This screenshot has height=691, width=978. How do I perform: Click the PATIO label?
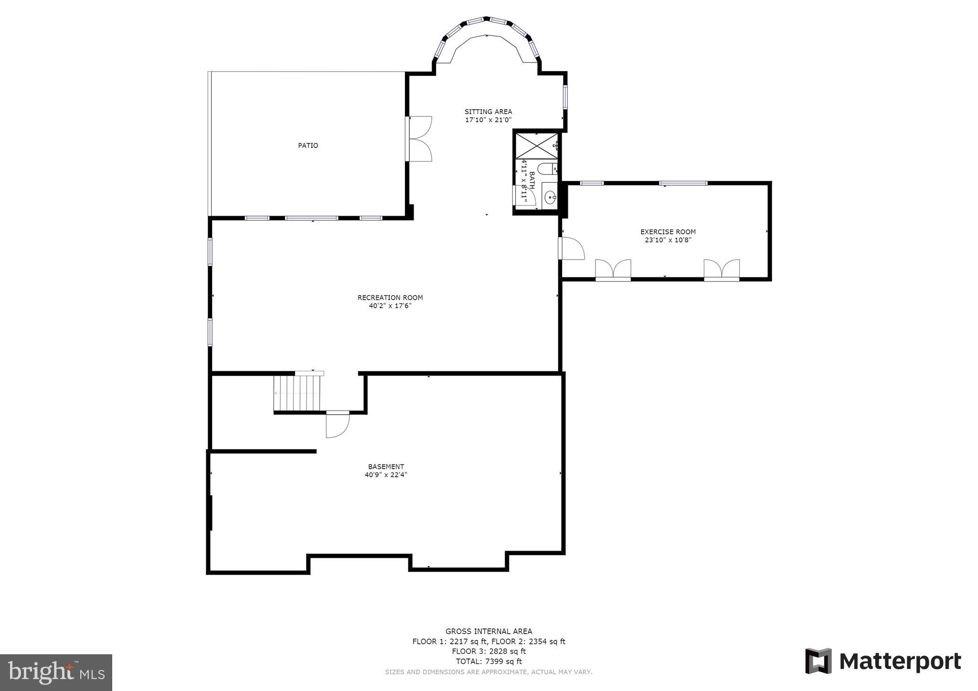308,146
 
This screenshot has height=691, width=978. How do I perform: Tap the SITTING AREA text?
488,112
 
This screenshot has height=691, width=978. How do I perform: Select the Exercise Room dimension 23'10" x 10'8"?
668,240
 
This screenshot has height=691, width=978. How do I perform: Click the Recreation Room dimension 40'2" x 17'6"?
390,306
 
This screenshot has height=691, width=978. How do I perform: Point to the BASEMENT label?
386,466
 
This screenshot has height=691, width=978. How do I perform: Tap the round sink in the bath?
550,197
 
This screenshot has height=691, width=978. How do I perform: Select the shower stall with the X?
535,145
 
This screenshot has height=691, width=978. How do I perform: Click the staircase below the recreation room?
297,393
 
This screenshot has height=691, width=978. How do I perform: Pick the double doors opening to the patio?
419,138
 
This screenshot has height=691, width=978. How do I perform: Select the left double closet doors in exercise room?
613,270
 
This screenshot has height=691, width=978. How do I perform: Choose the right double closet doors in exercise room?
722,270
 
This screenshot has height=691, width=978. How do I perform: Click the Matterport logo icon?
818,661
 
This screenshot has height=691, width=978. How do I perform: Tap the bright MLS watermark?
56,672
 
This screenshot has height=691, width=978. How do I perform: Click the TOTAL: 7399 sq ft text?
489,661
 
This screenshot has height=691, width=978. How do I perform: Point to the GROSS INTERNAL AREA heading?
489,631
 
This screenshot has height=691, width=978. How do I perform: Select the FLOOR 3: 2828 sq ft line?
489,651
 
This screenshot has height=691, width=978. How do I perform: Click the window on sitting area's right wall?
564,96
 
